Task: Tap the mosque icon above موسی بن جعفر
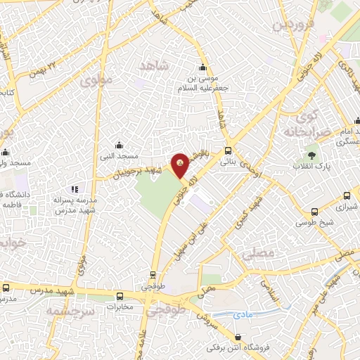tap(203, 67)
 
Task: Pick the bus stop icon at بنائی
tap(228, 150)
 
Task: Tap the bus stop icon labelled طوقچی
tap(153, 276)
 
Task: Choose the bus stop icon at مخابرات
tap(120, 296)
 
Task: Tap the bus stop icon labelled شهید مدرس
tap(6, 288)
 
